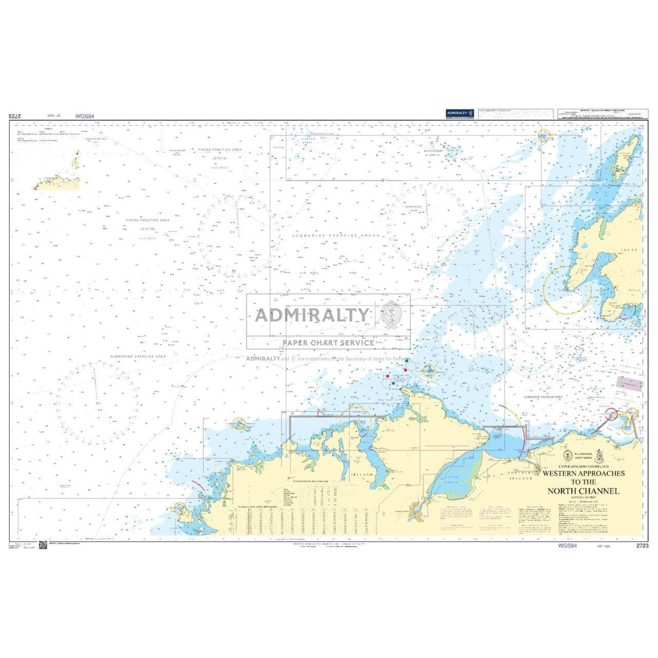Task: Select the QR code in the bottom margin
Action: click(x=43, y=545)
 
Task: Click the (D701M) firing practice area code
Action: click(x=148, y=229)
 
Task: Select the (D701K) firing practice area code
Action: click(x=220, y=159)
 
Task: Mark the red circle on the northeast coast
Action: click(x=611, y=415)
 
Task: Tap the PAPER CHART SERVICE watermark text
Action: click(x=328, y=343)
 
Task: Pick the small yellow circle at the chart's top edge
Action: click(x=544, y=136)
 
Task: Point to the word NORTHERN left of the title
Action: click(x=520, y=473)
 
